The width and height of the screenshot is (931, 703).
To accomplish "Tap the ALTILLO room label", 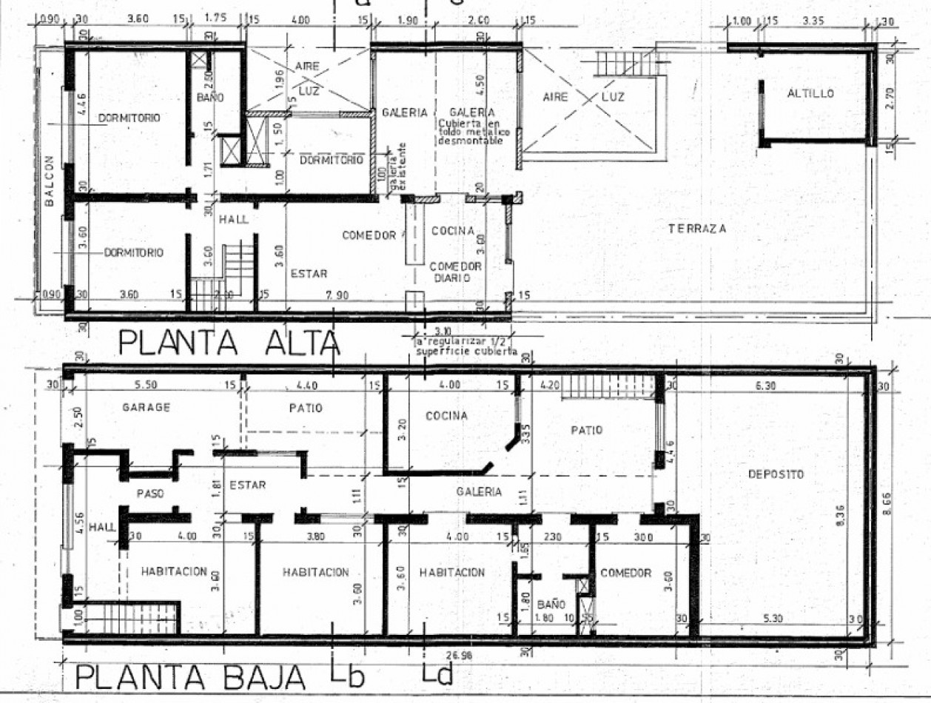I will point(810,93).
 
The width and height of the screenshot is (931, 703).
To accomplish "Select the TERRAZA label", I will point(696,229).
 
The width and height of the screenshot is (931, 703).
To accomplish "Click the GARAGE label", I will point(147,407).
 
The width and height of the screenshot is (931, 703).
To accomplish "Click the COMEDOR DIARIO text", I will point(456,272).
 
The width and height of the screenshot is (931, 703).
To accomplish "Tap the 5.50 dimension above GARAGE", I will point(154,386).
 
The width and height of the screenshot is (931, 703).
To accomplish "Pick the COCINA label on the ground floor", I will point(446,416).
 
